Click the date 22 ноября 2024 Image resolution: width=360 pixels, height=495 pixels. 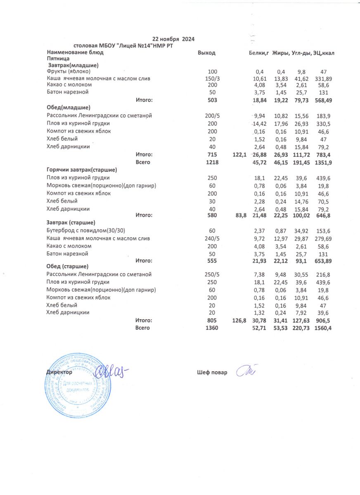click(x=173, y=39)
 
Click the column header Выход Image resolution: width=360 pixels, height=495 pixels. click(x=206, y=53)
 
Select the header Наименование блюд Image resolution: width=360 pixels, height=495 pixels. click(x=75, y=53)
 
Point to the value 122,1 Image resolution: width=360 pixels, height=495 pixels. click(x=239, y=155)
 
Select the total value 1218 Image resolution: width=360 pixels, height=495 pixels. click(x=212, y=163)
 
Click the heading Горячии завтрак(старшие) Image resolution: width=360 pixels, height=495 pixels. click(x=82, y=170)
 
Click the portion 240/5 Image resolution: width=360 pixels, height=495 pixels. click(x=212, y=238)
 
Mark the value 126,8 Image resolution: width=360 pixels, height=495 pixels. click(x=239, y=321)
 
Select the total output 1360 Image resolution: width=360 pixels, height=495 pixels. click(x=212, y=328)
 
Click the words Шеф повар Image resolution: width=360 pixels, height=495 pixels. click(x=212, y=372)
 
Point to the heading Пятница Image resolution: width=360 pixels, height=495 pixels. click(x=58, y=59)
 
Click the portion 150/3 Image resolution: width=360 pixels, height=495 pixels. click(x=212, y=78)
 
